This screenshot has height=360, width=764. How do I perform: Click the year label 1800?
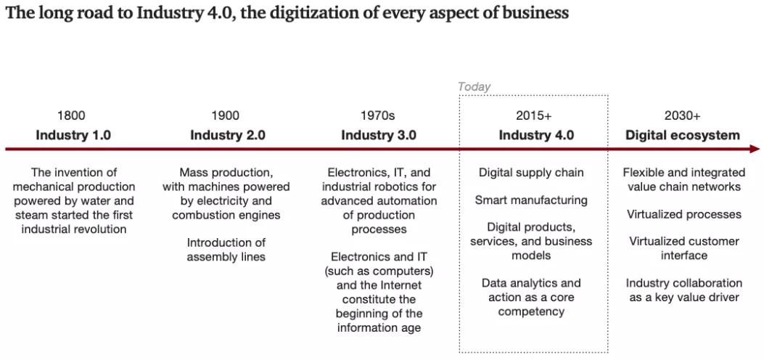pos(71,115)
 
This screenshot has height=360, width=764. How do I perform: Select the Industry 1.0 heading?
pos(73,135)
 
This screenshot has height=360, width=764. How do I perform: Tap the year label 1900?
pos(226,115)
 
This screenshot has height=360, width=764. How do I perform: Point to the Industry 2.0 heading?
pos(228,135)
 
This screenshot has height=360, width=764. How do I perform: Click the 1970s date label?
pos(378,115)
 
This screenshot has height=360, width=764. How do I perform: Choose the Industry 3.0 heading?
pos(379,135)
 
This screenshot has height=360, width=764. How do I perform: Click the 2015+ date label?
pos(534,115)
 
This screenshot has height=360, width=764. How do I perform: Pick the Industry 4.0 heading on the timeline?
pos(536,135)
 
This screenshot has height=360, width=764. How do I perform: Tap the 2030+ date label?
pos(683,115)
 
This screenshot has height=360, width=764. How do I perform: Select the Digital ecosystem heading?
pos(683,135)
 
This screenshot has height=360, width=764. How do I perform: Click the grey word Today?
pos(475,87)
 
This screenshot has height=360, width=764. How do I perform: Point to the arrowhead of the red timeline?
pos(755,150)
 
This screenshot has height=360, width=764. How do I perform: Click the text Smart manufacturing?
pos(531,200)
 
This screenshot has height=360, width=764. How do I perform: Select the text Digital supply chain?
pos(531,173)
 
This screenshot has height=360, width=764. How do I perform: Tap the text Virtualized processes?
pos(684,214)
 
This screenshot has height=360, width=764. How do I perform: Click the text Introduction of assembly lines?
pos(226,250)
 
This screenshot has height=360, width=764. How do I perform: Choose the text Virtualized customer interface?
pos(684,248)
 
